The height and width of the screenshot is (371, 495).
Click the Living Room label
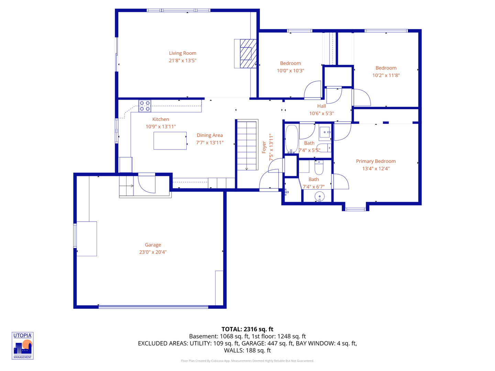(183, 53)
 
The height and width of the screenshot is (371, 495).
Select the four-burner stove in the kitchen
(145, 106)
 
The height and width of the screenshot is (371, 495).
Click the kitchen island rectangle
(170, 141)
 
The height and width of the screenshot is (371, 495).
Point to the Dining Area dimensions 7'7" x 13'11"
(210, 143)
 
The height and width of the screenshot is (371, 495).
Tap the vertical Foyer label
(264, 147)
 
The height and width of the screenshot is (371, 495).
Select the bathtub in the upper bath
(291, 139)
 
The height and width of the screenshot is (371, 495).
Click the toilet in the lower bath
(319, 167)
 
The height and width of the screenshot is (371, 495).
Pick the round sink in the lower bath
(319, 197)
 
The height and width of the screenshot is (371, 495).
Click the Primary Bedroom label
(376, 161)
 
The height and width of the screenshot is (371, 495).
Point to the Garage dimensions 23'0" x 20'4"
(153, 252)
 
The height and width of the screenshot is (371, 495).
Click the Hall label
(321, 106)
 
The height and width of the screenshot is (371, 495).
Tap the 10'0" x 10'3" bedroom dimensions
(290, 71)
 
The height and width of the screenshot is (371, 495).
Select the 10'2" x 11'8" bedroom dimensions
(386, 75)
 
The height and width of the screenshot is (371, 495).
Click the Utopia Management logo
(23, 346)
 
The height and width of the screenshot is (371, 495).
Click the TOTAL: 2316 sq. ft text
(247, 329)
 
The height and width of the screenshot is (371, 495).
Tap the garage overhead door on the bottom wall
(153, 306)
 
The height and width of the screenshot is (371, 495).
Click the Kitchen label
(161, 119)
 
